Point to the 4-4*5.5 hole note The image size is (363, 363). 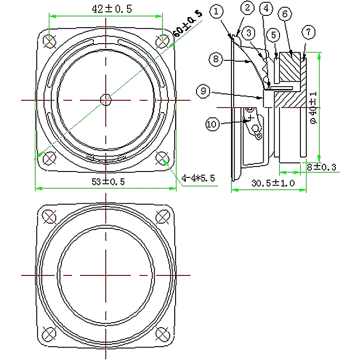198,178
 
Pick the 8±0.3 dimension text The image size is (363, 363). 321,167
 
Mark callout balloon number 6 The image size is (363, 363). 285,14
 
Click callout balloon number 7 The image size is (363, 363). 309,32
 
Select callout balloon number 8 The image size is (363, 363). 216,59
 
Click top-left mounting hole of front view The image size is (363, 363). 49,41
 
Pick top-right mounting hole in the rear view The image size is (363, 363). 162,217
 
